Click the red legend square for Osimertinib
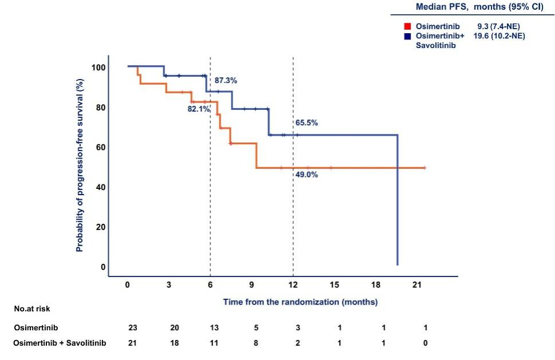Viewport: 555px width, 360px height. [x=408, y=26]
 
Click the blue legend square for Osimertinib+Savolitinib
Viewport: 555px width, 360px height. [x=408, y=36]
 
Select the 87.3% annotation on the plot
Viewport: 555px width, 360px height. [x=226, y=81]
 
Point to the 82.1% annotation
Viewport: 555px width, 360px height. [x=199, y=109]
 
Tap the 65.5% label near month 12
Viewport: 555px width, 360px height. [x=306, y=122]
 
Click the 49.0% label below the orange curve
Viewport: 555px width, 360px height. [x=306, y=175]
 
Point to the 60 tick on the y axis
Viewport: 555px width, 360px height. [x=101, y=147]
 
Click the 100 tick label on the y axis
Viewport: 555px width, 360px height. [x=99, y=67]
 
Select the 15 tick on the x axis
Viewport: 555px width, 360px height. [x=334, y=284]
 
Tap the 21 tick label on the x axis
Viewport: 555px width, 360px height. [x=417, y=284]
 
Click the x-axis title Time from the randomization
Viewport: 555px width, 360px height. [x=301, y=302]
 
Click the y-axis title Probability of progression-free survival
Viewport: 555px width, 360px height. [x=80, y=165]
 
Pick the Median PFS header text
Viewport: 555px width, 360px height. [x=479, y=7]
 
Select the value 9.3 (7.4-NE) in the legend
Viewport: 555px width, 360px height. [x=498, y=26]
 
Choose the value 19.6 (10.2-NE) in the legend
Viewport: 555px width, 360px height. [x=499, y=35]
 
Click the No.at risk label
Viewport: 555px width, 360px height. [x=32, y=308]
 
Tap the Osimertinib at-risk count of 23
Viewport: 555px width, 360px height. [x=133, y=328]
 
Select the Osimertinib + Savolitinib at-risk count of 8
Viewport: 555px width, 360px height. [x=256, y=343]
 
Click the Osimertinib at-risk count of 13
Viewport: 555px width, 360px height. [x=214, y=328]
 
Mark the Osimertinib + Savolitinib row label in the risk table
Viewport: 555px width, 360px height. [x=60, y=343]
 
